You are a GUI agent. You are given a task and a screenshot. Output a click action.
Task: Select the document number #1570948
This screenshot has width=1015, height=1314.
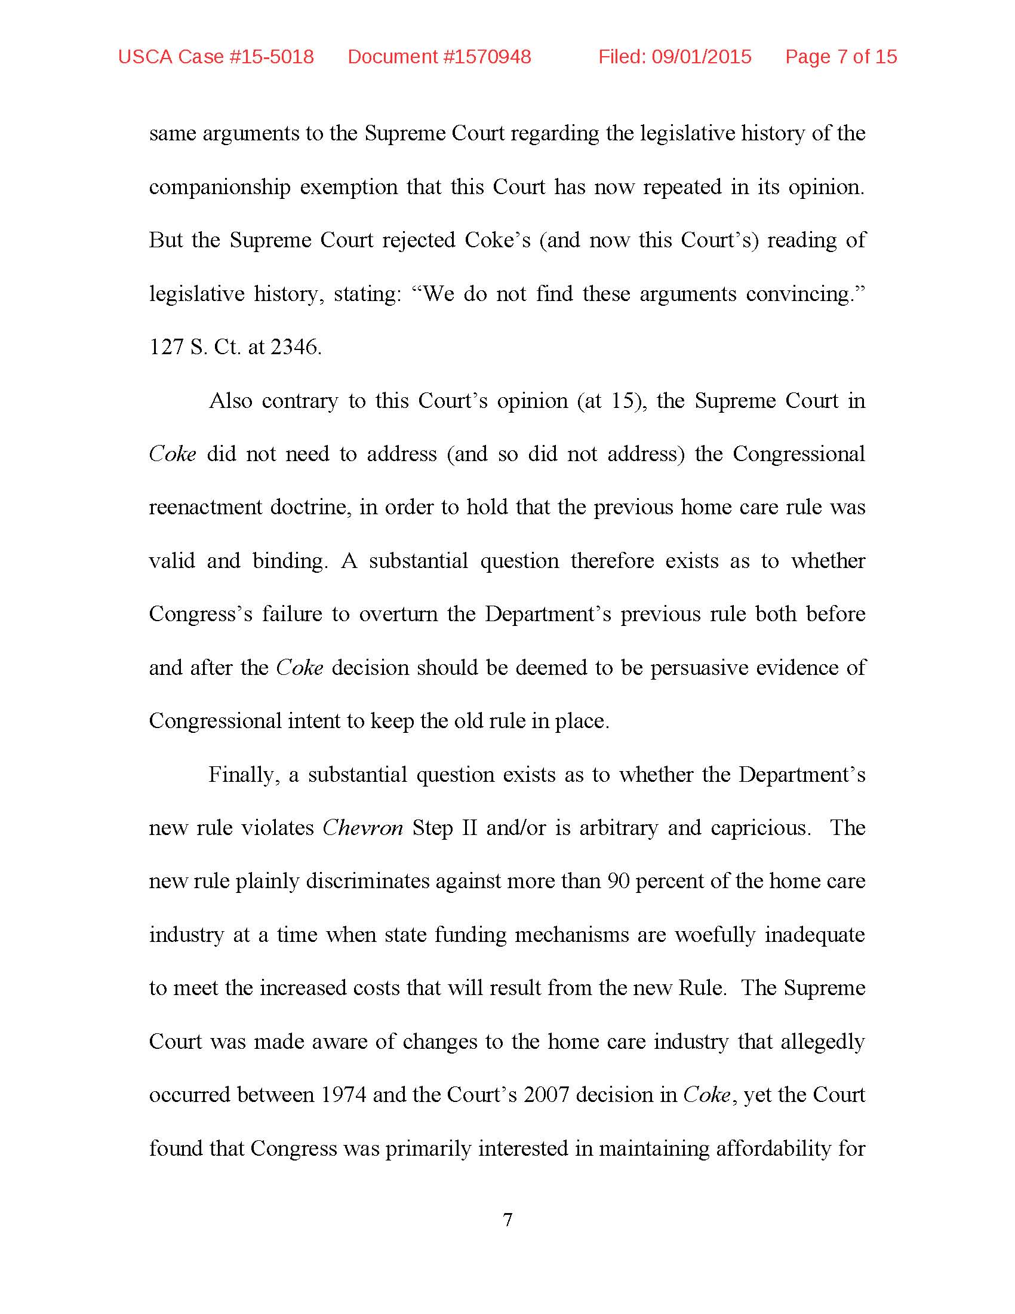(487, 57)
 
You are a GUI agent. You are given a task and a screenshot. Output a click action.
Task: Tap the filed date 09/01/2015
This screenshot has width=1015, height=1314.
(701, 57)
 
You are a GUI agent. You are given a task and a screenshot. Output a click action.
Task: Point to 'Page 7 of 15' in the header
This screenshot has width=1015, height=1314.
(841, 57)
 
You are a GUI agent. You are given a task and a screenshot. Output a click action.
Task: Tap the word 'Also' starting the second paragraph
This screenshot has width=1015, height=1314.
(230, 401)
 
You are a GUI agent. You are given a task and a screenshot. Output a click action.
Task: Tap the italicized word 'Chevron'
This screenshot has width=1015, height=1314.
(362, 828)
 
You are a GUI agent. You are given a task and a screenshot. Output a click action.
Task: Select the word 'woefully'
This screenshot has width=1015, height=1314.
(714, 935)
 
